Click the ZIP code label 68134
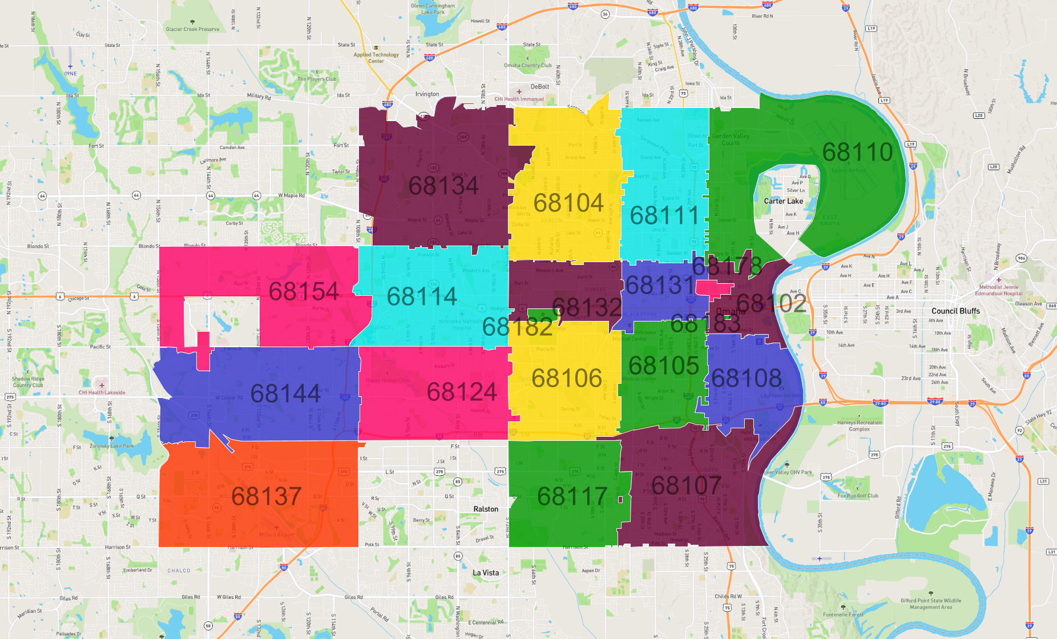coord(443,186)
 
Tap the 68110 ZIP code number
coord(857,152)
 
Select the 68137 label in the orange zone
coord(267,496)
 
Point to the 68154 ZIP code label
coord(304,292)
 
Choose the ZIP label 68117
coord(572,496)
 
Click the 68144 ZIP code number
coord(285,394)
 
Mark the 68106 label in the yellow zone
coord(567,378)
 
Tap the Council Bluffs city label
coord(955,311)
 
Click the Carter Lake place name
coord(783,201)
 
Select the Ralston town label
coord(486,509)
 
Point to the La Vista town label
coord(486,573)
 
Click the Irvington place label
coord(427,94)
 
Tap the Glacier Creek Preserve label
coord(192,29)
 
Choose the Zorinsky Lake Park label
coord(111,446)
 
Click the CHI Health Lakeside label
coord(102,392)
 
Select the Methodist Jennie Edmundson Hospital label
coord(998,290)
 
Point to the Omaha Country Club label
coord(527,65)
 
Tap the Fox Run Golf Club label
coord(857,496)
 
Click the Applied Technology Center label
coord(376,58)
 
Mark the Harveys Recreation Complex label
coord(859,426)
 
